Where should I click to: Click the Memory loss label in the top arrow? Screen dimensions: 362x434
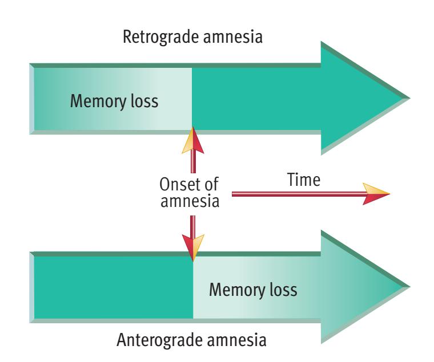114,103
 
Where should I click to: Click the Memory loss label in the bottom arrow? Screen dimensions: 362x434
254,290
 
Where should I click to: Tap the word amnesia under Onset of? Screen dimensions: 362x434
190,202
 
